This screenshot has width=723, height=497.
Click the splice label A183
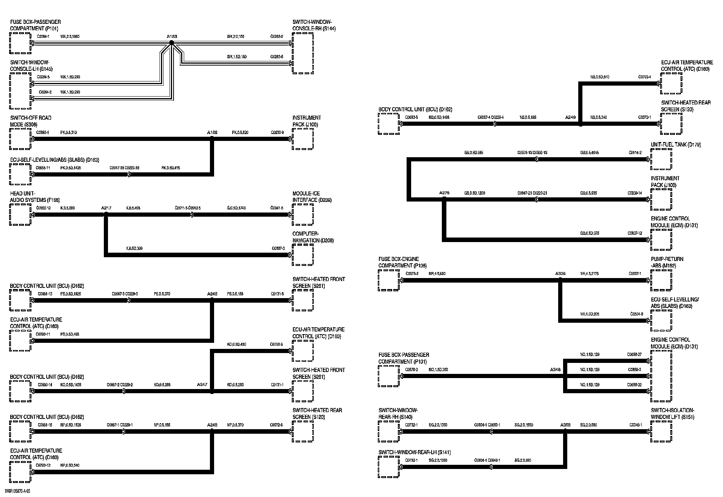pyautogui.click(x=172, y=37)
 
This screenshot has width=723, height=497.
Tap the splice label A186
pyautogui.click(x=212, y=133)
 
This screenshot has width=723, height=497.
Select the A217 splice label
pyautogui.click(x=106, y=208)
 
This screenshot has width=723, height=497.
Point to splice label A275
pyautogui.click(x=444, y=193)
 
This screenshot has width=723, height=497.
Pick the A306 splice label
pyautogui.click(x=560, y=274)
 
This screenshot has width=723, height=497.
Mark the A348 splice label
pyautogui.click(x=555, y=370)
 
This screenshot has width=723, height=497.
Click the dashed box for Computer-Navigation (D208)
pyautogui.click(x=303, y=255)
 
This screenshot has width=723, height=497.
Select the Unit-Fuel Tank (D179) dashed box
pyautogui.click(x=661, y=159)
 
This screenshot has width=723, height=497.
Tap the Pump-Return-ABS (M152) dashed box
pyautogui.click(x=661, y=280)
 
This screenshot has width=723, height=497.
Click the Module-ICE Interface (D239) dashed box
pyautogui.click(x=303, y=214)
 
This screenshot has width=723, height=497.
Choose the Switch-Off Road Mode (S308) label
pyautogui.click(x=31, y=121)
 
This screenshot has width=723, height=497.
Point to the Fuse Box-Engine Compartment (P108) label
pyautogui.click(x=402, y=262)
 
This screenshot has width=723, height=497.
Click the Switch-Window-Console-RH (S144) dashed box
pyautogui.click(x=303, y=53)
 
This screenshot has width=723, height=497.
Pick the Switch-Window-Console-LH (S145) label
pyautogui.click(x=31, y=66)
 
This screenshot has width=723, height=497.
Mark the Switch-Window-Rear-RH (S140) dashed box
pyautogui.click(x=388, y=431)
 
